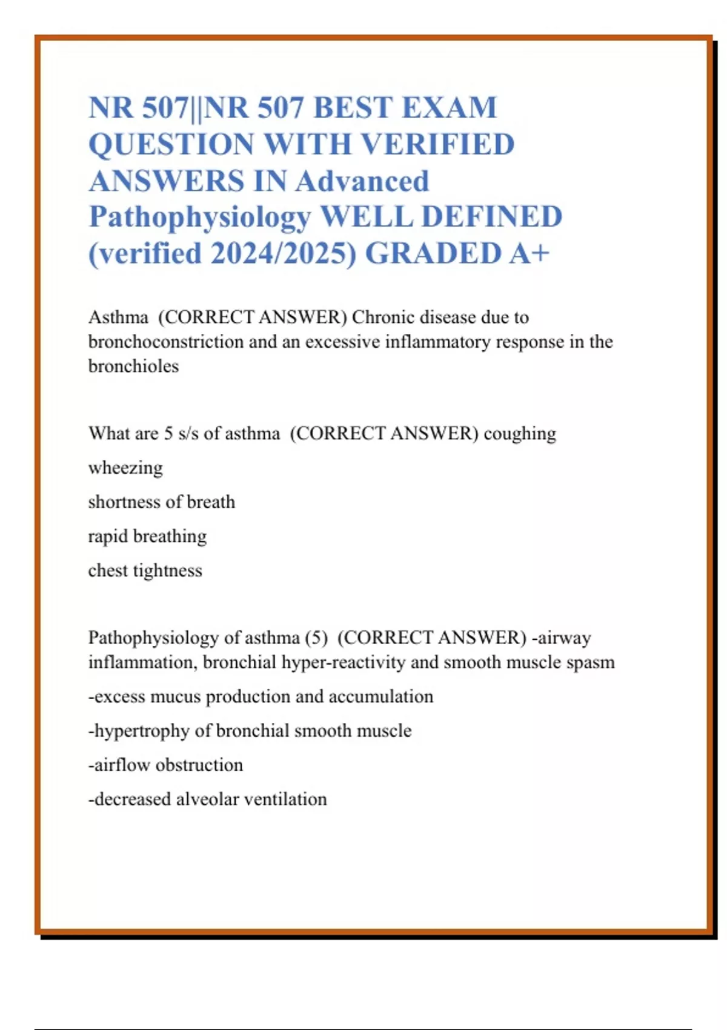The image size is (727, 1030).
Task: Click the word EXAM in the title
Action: (449, 108)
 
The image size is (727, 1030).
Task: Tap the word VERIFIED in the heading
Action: (438, 144)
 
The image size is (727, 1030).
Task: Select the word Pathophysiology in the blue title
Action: (200, 217)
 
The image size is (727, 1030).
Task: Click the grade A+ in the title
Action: (529, 253)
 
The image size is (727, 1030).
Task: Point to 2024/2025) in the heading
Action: (284, 253)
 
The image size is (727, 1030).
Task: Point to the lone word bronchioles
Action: (133, 366)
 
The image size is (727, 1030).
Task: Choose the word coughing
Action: (520, 434)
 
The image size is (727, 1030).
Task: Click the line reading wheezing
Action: (125, 468)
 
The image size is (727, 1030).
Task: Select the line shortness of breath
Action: (161, 502)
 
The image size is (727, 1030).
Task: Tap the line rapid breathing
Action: (147, 536)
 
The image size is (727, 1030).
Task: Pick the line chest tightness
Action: (145, 570)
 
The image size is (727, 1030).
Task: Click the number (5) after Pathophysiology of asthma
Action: (316, 637)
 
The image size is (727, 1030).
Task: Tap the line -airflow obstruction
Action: (165, 765)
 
